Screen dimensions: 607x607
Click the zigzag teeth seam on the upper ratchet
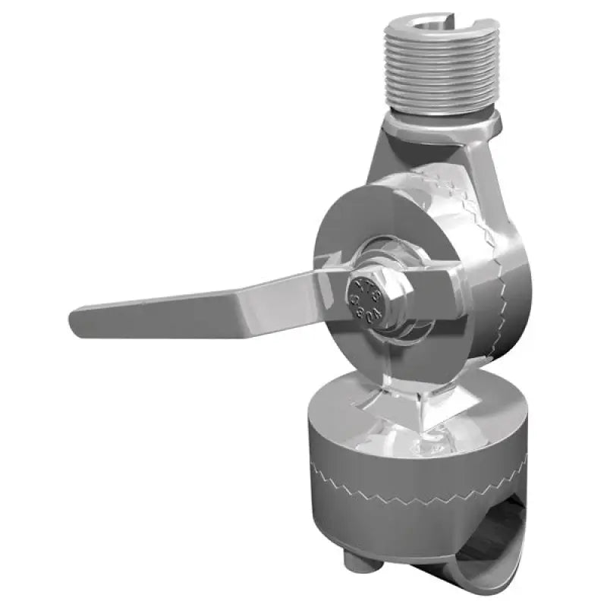coord(497,258)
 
